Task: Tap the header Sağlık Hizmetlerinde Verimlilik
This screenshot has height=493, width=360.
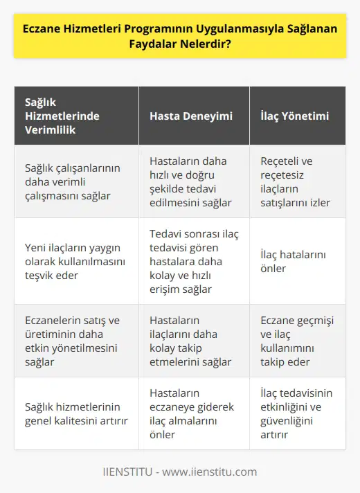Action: click(x=76, y=116)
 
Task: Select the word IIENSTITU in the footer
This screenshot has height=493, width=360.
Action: click(x=128, y=472)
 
